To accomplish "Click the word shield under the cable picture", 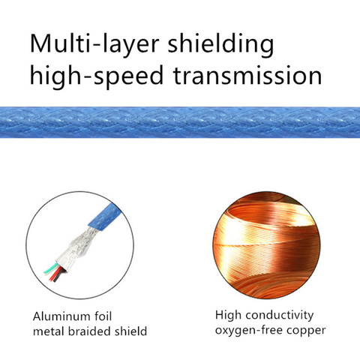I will pyautogui.click(x=132, y=331).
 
